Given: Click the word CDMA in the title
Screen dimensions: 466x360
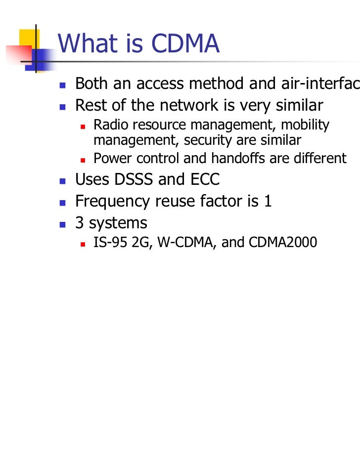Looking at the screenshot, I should (x=185, y=45).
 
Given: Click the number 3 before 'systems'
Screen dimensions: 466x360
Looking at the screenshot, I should (x=79, y=223).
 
